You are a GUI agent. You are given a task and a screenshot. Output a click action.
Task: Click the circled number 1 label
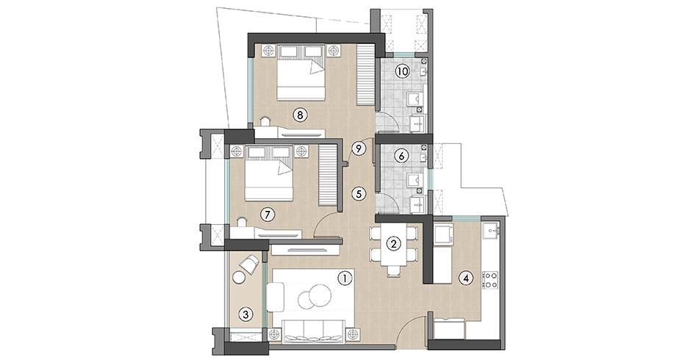345,278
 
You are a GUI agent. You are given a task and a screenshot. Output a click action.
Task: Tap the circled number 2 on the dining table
393,243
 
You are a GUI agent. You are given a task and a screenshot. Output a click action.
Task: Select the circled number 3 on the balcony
246,314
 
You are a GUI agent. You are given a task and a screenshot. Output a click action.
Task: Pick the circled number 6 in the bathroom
401,156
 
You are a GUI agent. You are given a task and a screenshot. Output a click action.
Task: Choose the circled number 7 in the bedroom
267,215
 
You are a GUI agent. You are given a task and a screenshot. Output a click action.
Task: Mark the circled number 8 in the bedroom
300,115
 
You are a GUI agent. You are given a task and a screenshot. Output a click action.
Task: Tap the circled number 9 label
359,148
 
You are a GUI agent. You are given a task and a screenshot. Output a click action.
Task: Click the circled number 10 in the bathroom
402,71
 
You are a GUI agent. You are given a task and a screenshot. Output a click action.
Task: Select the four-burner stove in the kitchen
490,280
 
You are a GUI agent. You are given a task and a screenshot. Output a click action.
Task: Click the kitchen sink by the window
490,230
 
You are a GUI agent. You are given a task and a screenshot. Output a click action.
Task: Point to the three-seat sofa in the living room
314,331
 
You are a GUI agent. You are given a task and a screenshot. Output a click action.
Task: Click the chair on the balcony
248,264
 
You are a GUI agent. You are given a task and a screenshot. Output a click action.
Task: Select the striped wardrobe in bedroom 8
365,75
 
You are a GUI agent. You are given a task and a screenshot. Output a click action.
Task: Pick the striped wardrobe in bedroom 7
327,176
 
